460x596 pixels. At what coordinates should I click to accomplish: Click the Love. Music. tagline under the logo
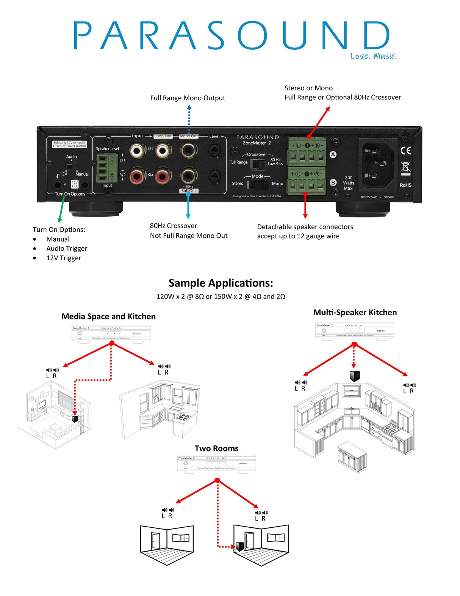tap(373, 56)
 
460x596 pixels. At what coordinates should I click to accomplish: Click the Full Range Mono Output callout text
tap(188, 98)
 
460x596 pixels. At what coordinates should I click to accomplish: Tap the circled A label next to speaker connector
tap(333, 154)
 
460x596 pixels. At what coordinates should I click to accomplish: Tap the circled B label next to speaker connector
tap(333, 182)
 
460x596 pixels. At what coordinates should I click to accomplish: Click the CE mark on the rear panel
tap(405, 151)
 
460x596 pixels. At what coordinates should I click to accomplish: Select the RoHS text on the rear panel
tap(405, 185)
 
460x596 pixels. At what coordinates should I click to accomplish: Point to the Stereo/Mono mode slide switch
tap(258, 185)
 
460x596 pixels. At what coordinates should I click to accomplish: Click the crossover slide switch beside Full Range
tap(258, 164)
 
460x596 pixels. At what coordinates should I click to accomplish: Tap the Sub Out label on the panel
tap(189, 191)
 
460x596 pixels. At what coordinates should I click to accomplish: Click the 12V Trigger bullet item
tap(64, 258)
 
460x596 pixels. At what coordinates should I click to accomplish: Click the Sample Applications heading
tap(221, 283)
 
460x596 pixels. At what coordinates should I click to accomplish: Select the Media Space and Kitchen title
tap(108, 316)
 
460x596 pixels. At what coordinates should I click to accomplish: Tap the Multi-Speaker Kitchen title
tap(355, 313)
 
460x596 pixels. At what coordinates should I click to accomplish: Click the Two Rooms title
tap(216, 448)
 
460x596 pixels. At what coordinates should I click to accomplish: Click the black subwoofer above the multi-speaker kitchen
tap(355, 376)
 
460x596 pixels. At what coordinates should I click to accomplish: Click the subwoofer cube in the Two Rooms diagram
tap(239, 547)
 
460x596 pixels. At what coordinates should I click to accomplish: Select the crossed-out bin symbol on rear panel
tap(405, 167)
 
